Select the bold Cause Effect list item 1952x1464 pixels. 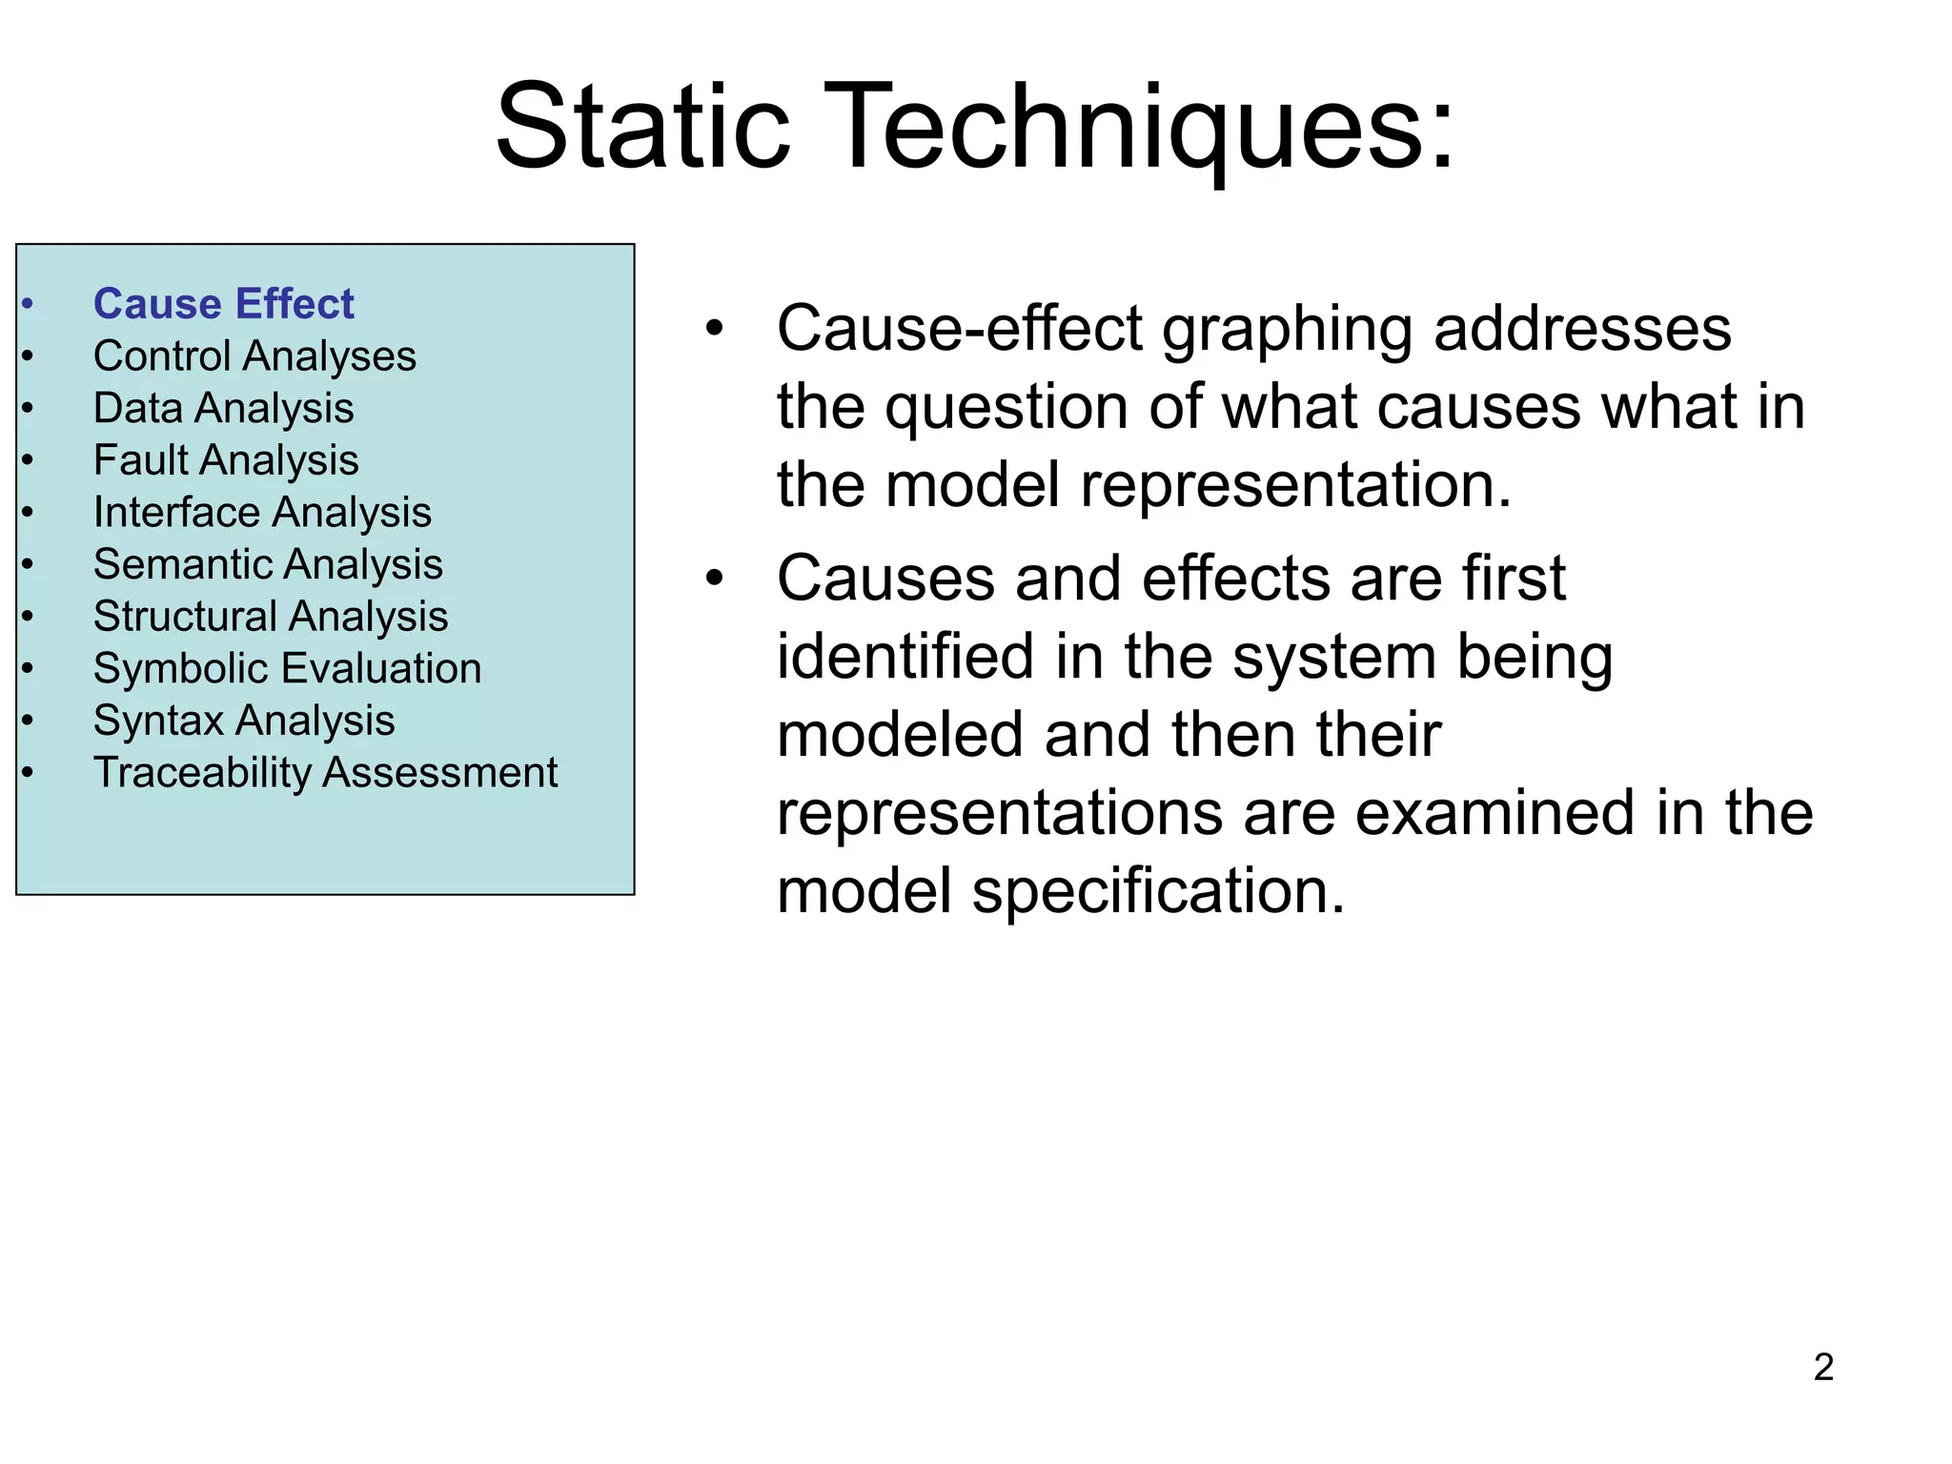tap(223, 304)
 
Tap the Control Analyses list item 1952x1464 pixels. tap(254, 356)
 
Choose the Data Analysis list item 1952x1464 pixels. tap(223, 409)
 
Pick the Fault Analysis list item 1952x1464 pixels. tap(226, 460)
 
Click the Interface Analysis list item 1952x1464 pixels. tap(262, 513)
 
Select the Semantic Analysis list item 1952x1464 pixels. tap(268, 564)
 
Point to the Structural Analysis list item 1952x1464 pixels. tap(271, 617)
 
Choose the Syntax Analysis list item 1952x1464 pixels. tap(244, 721)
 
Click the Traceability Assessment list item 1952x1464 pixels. tap(325, 773)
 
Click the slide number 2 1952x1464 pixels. tap(1823, 1367)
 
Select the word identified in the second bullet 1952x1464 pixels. tap(905, 658)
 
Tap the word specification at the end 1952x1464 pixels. tap(1157, 892)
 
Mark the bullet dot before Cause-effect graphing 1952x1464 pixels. tap(715, 329)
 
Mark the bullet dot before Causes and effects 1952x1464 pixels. tap(715, 579)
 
